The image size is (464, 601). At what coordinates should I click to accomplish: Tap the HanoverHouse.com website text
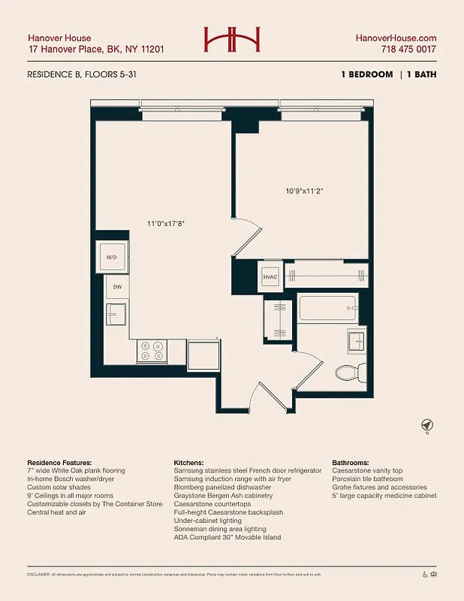[396, 38]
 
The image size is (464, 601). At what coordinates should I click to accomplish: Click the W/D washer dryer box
[113, 258]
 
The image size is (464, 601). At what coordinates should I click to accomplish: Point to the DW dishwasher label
[118, 287]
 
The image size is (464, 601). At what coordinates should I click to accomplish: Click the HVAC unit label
[270, 277]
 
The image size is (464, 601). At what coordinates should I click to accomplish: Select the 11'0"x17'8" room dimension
[166, 223]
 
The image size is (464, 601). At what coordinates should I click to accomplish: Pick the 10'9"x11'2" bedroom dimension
[304, 191]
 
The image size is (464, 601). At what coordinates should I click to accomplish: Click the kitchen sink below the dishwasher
[116, 313]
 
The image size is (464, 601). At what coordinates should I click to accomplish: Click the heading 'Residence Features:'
[59, 462]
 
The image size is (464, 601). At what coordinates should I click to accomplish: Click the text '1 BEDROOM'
[367, 74]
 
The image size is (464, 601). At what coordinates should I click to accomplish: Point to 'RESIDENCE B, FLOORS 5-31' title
[82, 74]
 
